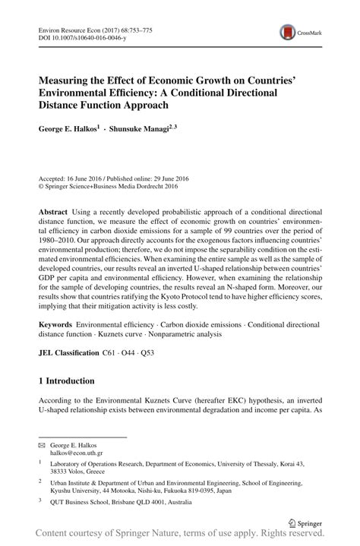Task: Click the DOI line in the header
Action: coord(75,36)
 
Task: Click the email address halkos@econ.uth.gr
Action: coord(77,453)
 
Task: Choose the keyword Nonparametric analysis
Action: coord(210,335)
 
